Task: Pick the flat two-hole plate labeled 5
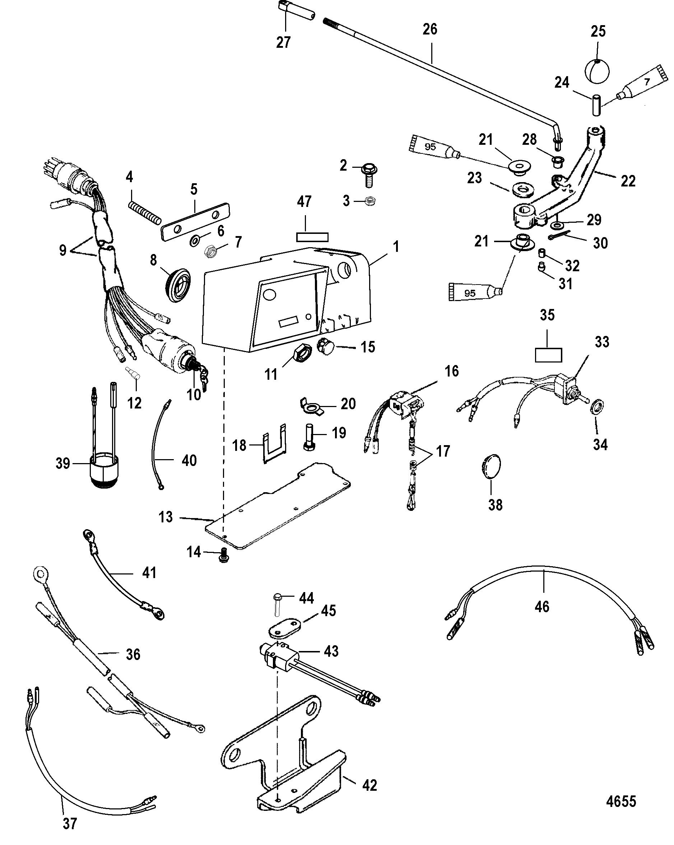[x=195, y=221]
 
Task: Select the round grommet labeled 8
[x=180, y=283]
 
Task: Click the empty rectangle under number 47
[x=312, y=237]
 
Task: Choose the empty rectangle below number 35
[x=548, y=355]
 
